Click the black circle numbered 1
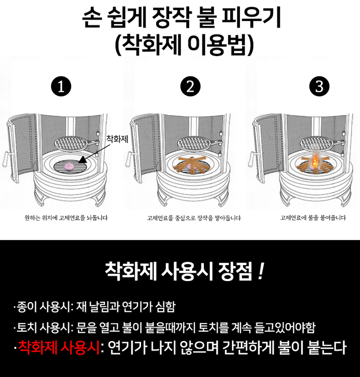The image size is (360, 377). [x=61, y=87]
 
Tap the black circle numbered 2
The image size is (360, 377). [x=190, y=87]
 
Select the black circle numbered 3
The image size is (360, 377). [x=319, y=86]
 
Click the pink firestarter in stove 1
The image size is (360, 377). [x=69, y=167]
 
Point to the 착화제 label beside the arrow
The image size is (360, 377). [x=117, y=139]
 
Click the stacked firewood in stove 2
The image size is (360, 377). [x=190, y=165]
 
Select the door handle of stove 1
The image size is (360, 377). [x=6, y=159]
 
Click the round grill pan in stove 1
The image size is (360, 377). [x=72, y=144]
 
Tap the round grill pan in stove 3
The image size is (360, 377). [x=317, y=144]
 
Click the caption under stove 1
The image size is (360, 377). [x=66, y=218]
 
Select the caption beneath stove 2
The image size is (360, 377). [x=194, y=218]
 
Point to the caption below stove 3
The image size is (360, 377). [x=313, y=218]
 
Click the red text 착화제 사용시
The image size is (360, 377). [x=59, y=347]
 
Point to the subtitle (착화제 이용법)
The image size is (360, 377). [x=184, y=44]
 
